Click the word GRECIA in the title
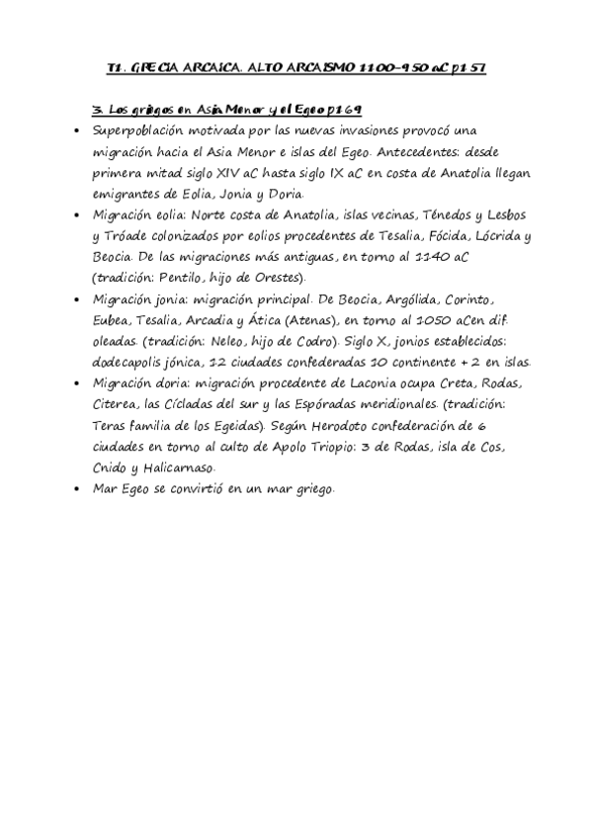click(159, 68)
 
